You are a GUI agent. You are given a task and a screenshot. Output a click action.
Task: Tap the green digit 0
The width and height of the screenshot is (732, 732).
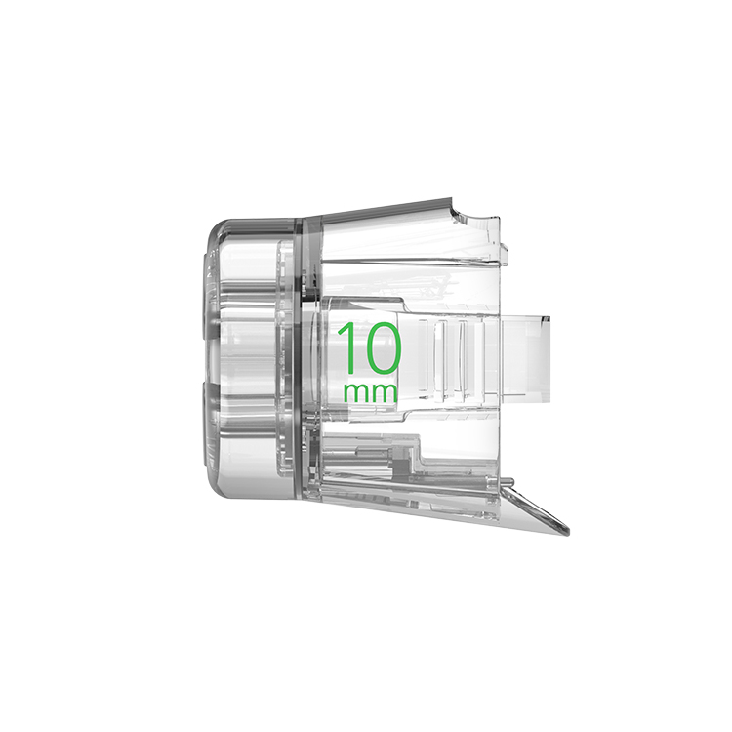coord(381,348)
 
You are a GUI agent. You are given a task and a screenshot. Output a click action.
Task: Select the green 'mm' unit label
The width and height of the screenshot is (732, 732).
coord(370,393)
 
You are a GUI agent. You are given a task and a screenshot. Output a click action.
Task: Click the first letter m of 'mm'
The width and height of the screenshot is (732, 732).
coord(355,393)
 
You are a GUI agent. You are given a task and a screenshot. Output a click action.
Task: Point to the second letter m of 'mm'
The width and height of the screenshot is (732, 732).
coord(385,393)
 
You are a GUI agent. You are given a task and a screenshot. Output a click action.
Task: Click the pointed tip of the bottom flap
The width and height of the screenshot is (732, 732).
coord(569,533)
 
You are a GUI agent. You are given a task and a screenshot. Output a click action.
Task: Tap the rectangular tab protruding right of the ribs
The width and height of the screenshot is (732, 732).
coord(525,358)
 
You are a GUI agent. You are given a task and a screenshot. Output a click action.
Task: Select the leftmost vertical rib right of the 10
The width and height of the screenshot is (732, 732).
coord(425,357)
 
